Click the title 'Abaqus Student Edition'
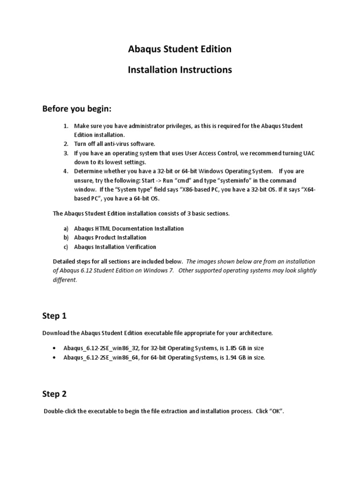coord(180,49)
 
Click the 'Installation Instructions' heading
coord(180,70)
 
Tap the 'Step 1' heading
coord(54,316)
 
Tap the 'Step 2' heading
coord(54,394)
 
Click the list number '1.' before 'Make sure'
coord(66,126)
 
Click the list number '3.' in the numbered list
coord(66,153)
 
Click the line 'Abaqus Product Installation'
coord(110,238)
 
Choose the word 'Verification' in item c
coord(139,247)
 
